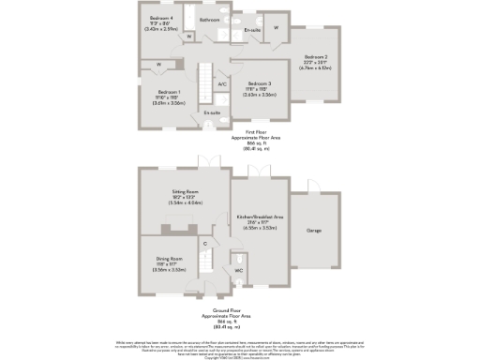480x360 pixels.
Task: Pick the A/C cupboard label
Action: pos(222,84)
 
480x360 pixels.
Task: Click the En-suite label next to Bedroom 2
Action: pos(251,31)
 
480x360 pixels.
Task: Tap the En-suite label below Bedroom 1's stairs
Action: pos(213,112)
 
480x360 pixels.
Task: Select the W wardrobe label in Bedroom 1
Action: pos(159,65)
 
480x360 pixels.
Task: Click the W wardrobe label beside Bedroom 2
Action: pos(277,27)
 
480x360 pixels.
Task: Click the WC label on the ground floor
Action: pos(239,270)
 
